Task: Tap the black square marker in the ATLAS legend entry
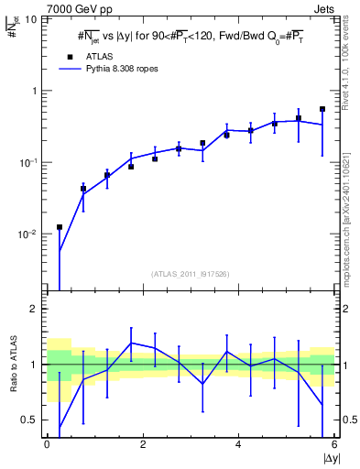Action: [x=68, y=56]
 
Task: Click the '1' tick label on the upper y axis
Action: [x=36, y=92]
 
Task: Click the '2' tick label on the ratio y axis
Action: [x=36, y=310]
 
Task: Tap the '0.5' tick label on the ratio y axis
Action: [x=31, y=420]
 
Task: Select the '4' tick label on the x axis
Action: [x=238, y=443]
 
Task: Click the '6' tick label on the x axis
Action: [x=334, y=443]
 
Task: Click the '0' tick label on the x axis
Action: [x=47, y=443]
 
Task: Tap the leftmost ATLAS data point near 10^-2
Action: [x=60, y=227]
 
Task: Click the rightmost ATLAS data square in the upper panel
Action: [x=322, y=109]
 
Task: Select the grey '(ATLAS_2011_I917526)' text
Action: [x=191, y=274]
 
